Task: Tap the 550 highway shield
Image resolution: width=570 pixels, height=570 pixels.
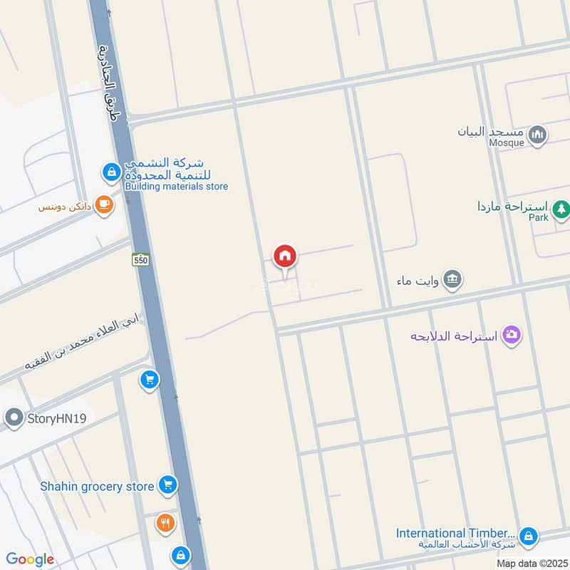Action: [140, 261]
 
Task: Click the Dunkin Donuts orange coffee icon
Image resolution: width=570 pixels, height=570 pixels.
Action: [104, 205]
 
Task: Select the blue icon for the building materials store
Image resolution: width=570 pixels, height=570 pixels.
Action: [111, 171]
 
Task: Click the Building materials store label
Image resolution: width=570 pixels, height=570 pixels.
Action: [176, 187]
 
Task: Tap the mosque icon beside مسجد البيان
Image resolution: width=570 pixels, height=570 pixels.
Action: [538, 133]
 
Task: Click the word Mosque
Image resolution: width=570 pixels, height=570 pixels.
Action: [507, 142]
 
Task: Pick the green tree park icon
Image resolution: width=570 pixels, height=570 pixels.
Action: [561, 208]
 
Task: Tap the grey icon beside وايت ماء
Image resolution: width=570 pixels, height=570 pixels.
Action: [452, 279]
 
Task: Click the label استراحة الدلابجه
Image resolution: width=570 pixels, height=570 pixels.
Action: [454, 335]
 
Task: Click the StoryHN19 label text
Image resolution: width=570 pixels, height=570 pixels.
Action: [58, 418]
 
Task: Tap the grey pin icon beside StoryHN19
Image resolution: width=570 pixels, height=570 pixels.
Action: [14, 418]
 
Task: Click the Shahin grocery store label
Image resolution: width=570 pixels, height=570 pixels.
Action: [97, 486]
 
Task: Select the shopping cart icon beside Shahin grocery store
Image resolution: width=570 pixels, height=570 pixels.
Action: [167, 485]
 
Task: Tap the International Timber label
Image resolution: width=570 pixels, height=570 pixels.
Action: [455, 533]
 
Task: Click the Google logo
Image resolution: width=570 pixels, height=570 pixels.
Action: [30, 559]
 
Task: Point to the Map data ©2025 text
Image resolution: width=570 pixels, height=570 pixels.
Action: [531, 563]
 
